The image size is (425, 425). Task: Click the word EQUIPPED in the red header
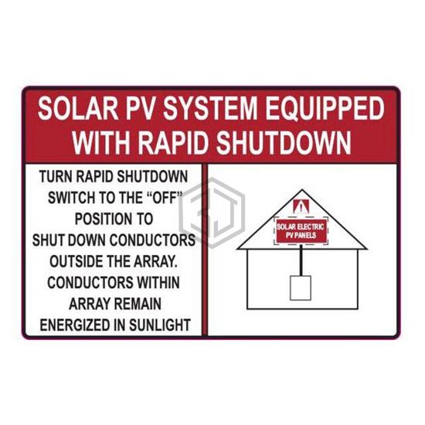325,109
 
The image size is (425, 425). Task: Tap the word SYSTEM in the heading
209,108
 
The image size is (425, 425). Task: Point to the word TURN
56,176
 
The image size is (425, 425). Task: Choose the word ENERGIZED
76,325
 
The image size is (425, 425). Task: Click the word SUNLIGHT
160,325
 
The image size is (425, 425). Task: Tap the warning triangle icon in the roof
301,206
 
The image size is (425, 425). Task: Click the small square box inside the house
301,288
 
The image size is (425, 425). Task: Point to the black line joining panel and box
301,260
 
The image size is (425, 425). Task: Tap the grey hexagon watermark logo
212,213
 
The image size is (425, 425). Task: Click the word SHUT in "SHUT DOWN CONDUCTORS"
48,240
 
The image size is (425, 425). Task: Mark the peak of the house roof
302,190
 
